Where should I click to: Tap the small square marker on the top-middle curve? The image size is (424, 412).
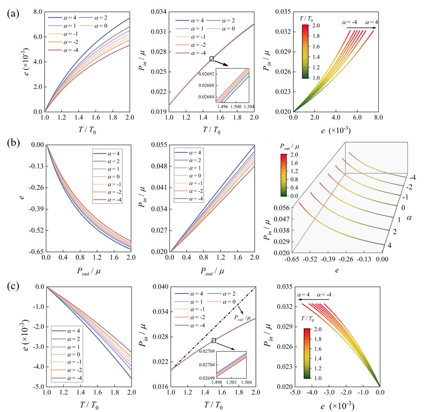tap(211, 59)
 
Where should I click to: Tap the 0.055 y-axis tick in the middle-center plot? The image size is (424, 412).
tap(159, 145)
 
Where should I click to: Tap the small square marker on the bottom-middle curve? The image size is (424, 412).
tap(214, 340)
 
